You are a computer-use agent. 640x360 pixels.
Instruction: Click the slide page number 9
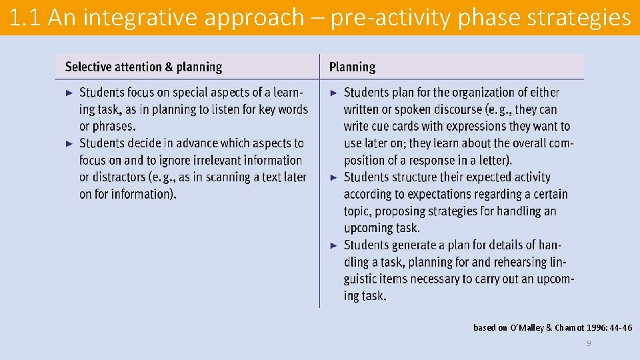pyautogui.click(x=589, y=343)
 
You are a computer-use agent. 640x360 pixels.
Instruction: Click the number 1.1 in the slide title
pyautogui.click(x=27, y=18)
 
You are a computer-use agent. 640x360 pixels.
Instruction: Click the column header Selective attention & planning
pyautogui.click(x=143, y=67)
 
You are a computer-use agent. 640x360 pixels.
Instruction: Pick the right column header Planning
pyautogui.click(x=352, y=67)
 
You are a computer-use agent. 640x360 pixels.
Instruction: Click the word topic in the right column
pyautogui.click(x=358, y=211)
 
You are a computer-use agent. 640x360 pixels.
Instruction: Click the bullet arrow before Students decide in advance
pyautogui.click(x=69, y=143)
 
